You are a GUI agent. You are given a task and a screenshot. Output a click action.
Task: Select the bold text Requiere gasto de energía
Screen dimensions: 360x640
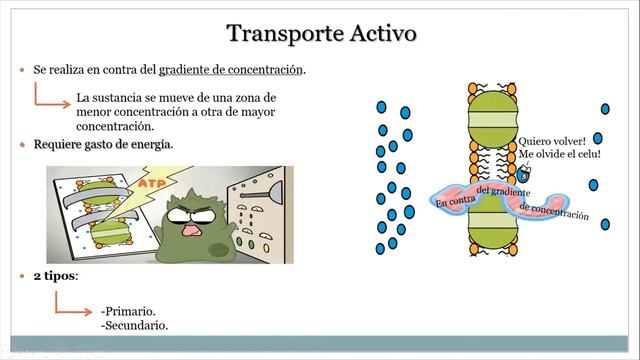point(103,145)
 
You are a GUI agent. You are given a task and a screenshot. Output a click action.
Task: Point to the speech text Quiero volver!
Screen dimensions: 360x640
point(560,140)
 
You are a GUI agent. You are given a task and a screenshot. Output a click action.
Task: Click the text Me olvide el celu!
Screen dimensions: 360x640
point(560,155)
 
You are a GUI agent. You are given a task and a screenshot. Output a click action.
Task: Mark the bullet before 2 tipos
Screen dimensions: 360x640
point(22,275)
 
